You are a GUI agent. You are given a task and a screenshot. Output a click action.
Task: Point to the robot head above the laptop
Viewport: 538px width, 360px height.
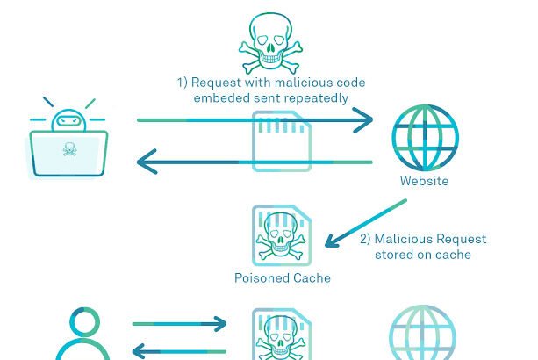tap(68, 119)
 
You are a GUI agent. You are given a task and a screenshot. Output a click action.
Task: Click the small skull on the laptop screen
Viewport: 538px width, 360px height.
tap(69, 150)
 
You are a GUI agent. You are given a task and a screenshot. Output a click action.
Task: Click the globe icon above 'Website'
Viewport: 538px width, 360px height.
tap(425, 136)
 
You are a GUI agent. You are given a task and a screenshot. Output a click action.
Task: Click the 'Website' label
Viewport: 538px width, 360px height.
tap(424, 182)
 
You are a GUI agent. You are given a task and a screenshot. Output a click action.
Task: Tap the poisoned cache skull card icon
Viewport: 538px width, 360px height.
tap(282, 235)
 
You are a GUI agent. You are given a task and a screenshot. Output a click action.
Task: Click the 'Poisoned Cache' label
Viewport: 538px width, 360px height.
tap(283, 278)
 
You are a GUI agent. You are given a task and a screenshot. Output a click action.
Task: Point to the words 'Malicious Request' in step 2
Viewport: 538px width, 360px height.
tap(423, 239)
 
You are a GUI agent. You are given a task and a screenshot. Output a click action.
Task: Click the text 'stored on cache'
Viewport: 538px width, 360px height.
tap(423, 255)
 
